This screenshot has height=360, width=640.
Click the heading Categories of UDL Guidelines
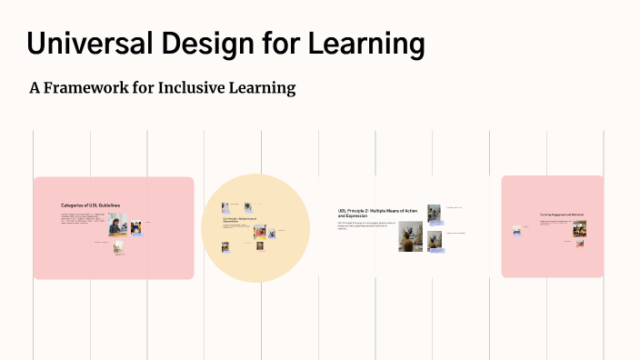point(90,205)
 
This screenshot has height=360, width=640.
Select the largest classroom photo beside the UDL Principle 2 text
point(410,236)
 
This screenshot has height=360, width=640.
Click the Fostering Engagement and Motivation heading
point(561,215)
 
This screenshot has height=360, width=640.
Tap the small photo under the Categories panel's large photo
point(119,247)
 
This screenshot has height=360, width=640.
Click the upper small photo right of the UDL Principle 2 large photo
point(434,214)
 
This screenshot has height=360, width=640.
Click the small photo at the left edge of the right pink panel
point(516,231)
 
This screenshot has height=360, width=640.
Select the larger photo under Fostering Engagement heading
point(579,227)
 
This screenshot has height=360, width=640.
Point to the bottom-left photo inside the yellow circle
point(225,245)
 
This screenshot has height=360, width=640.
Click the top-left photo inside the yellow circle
point(225,208)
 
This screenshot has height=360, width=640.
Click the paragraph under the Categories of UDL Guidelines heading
point(85,218)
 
